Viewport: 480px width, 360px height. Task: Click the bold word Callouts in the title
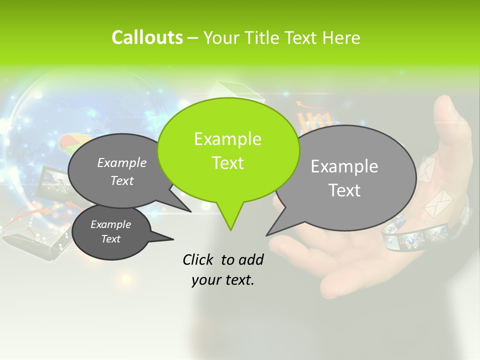(147, 37)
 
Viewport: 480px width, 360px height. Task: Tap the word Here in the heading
(341, 38)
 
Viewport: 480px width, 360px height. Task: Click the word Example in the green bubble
(227, 139)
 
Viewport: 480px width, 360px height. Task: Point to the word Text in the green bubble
(227, 163)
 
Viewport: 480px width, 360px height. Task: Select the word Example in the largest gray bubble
(344, 166)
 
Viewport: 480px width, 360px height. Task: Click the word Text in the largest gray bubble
(344, 190)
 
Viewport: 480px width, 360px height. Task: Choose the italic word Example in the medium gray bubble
(122, 162)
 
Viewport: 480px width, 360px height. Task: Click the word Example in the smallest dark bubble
(110, 224)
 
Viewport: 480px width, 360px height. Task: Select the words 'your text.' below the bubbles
(223, 280)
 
